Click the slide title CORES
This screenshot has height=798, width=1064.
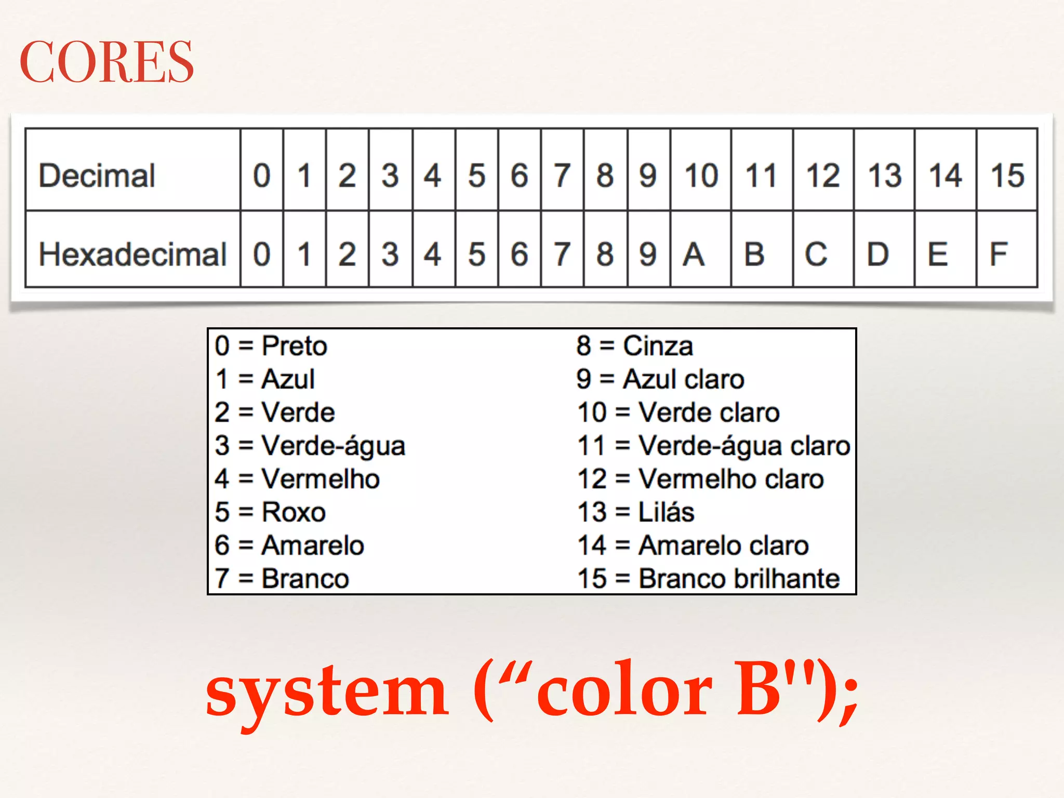click(x=107, y=62)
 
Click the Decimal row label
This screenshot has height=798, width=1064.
click(x=97, y=175)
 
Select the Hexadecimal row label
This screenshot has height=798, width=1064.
click(x=132, y=254)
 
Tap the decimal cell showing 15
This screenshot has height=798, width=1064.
click(x=1007, y=175)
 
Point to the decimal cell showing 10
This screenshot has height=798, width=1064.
click(x=701, y=175)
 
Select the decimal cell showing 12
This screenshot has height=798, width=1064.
click(x=823, y=175)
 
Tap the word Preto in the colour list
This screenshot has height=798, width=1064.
click(x=294, y=346)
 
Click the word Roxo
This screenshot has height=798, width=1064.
click(x=294, y=512)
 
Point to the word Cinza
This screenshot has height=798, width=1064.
click(x=658, y=346)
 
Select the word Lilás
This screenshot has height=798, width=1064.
click(x=666, y=512)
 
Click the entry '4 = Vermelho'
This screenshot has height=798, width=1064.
click(x=297, y=479)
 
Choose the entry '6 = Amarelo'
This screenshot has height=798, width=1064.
click(x=289, y=546)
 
